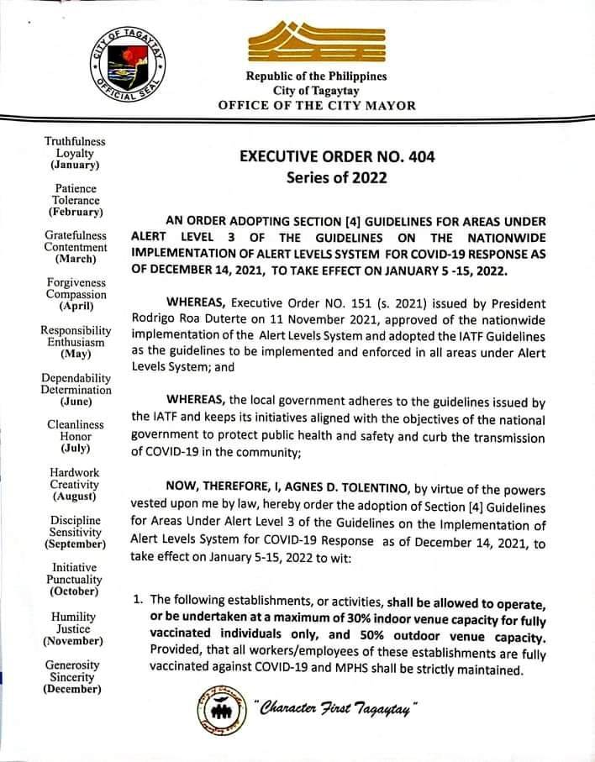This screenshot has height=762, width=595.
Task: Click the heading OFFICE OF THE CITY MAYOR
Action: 316,106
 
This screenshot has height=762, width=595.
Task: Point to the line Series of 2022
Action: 336,179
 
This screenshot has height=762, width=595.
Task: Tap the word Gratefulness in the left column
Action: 76,236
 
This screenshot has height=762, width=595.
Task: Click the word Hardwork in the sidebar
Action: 75,473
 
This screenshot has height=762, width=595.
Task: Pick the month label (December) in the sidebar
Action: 73,689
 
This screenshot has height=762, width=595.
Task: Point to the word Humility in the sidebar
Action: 74,616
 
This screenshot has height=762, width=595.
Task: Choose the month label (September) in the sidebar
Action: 74,544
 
